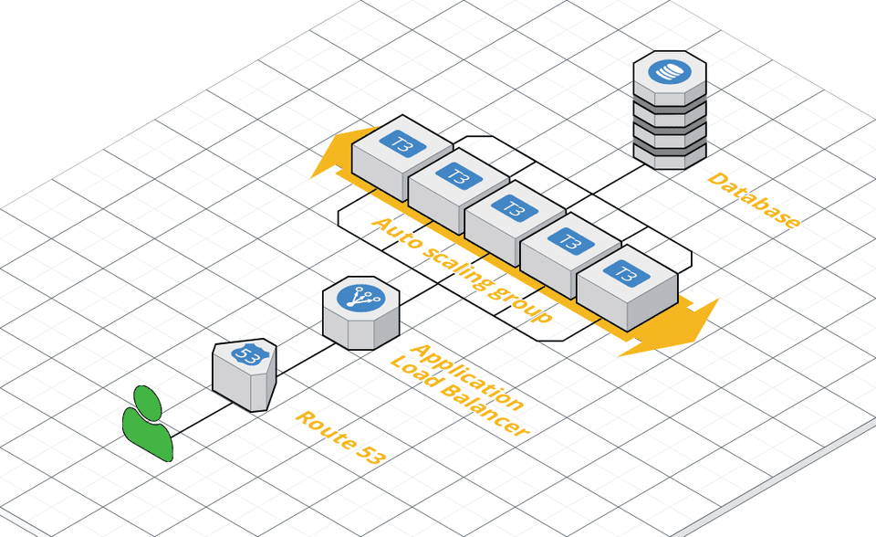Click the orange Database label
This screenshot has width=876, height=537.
[755, 200]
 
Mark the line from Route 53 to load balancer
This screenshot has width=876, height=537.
[301, 357]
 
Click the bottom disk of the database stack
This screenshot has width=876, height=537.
[669, 156]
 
